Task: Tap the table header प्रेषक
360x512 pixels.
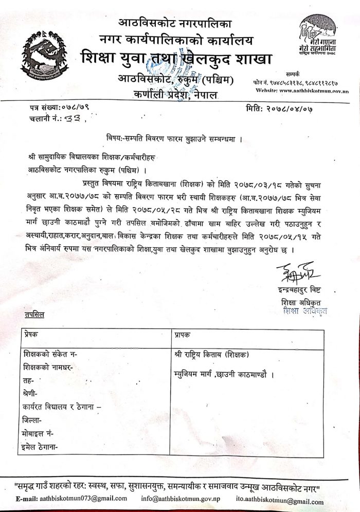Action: tap(31, 334)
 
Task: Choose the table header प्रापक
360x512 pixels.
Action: tap(184, 334)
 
